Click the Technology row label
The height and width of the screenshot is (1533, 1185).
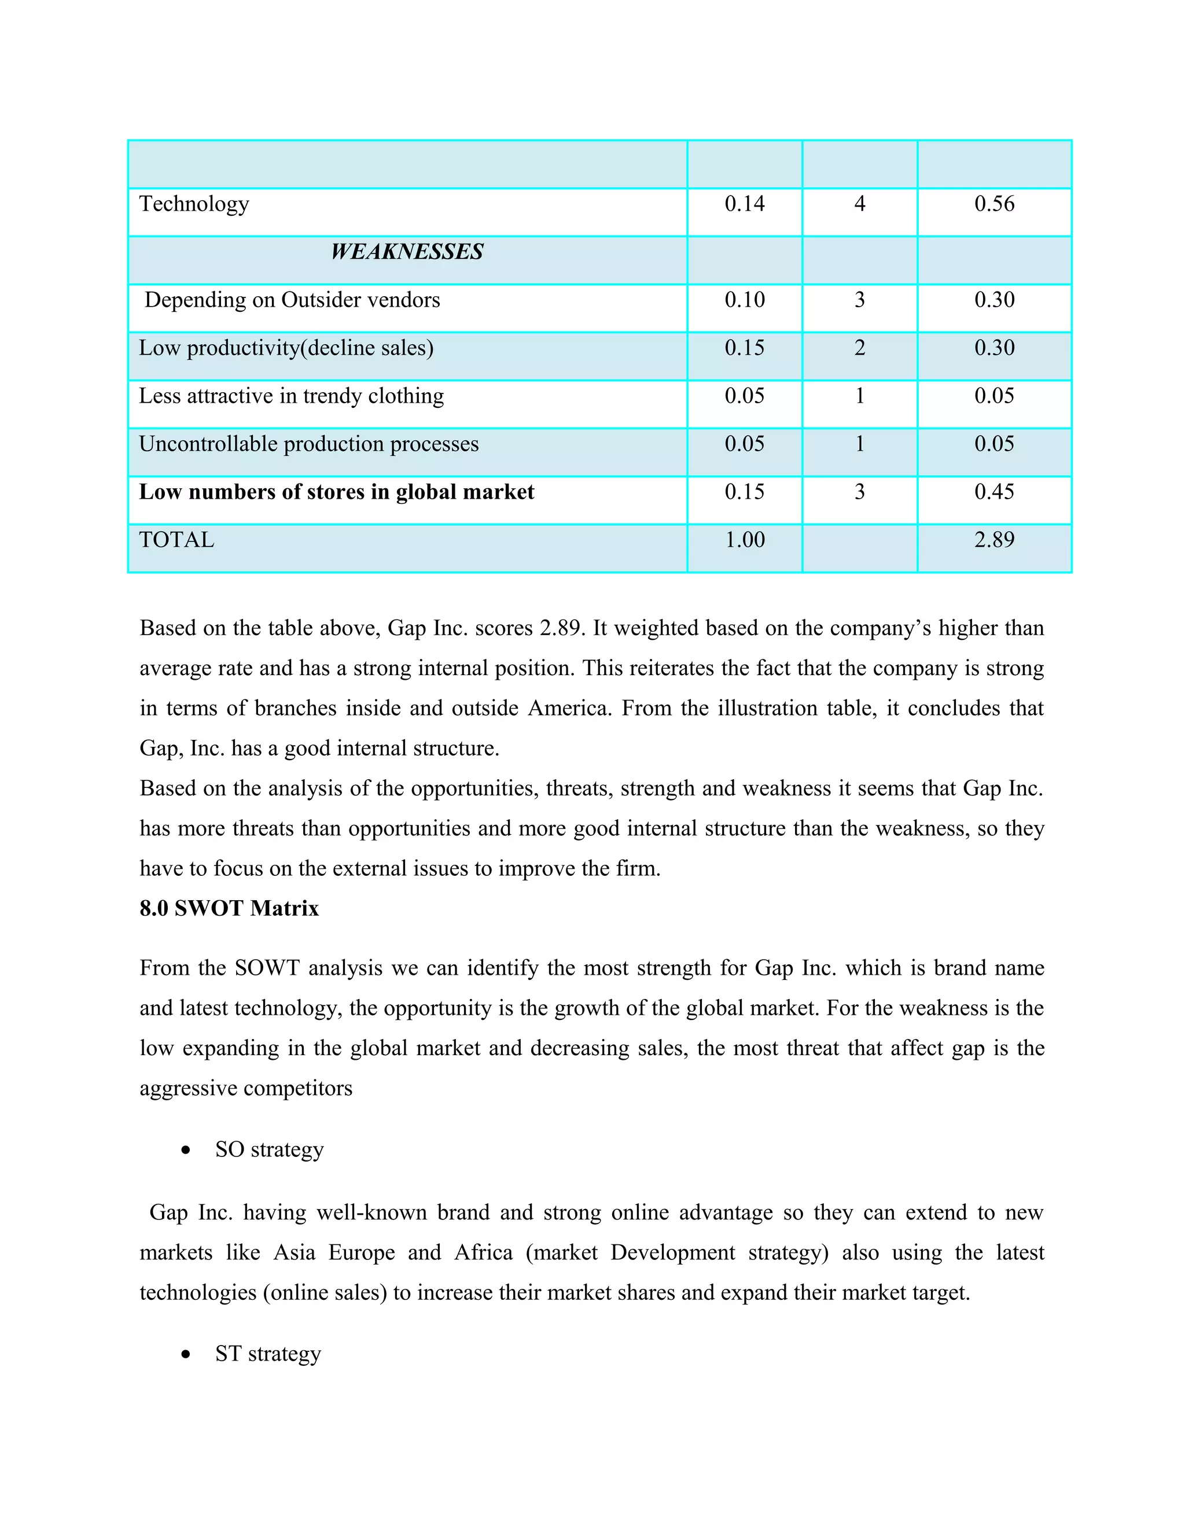click(x=194, y=204)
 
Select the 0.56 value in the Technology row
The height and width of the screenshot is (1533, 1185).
click(x=993, y=204)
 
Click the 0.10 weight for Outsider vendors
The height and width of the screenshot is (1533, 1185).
click(x=744, y=300)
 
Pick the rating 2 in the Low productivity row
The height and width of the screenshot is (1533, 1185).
click(x=859, y=348)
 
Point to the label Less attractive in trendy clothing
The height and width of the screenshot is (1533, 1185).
click(x=292, y=397)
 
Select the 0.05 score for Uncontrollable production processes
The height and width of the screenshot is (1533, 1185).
click(x=993, y=444)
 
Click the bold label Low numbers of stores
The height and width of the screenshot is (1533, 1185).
click(x=336, y=492)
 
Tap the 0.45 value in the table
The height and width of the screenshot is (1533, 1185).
click(x=993, y=492)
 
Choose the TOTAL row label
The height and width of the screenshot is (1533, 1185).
click(x=176, y=540)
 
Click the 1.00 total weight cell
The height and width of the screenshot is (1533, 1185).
click(x=744, y=540)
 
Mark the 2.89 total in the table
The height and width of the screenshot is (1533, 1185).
click(x=993, y=540)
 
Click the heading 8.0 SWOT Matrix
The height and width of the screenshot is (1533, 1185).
click(x=229, y=908)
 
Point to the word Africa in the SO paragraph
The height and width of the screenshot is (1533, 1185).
click(x=483, y=1252)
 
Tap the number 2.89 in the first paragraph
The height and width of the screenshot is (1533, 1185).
click(x=560, y=628)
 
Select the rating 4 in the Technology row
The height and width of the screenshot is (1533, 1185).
click(x=859, y=204)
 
